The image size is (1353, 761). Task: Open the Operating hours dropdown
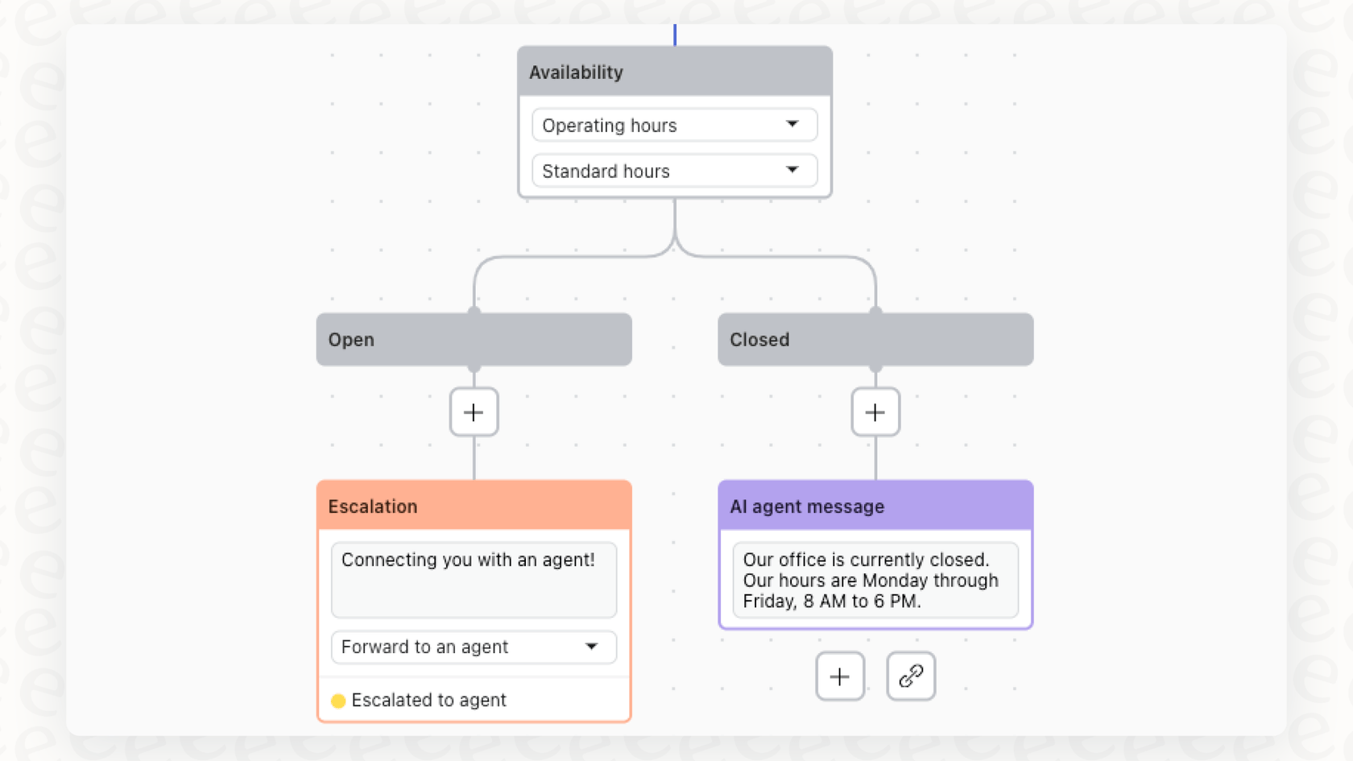point(660,126)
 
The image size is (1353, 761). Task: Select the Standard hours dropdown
point(660,171)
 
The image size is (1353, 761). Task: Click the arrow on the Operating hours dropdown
point(792,124)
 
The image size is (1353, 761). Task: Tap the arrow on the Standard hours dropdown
point(792,170)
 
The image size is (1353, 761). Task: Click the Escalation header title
point(373,507)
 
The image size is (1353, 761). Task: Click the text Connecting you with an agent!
point(468,560)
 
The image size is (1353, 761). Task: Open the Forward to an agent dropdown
point(459,647)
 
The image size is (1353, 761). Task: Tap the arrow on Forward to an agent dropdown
point(592,647)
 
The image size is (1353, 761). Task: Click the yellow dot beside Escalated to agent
point(338,701)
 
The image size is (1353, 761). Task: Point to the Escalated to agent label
point(428,701)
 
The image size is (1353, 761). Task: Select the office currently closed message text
point(870,581)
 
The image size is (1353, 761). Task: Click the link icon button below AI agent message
point(910,676)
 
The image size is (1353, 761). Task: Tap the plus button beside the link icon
point(839,676)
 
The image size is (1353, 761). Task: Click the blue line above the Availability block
point(675,35)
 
